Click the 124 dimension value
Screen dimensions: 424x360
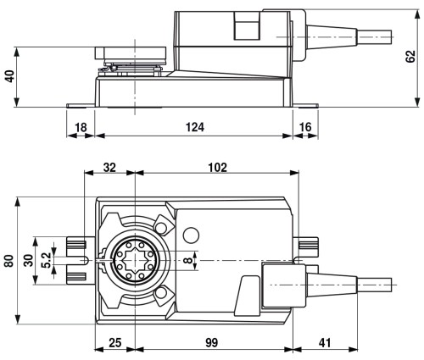point(195,127)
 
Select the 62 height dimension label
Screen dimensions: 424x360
point(410,57)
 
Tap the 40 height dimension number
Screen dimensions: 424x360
point(10,76)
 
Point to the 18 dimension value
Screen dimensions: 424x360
point(81,127)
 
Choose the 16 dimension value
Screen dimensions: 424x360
point(305,127)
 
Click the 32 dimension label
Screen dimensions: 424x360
point(109,168)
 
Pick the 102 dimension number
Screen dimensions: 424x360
point(218,168)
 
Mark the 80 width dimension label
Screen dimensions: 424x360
point(9,261)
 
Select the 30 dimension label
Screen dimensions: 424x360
point(28,260)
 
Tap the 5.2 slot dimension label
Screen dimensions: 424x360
point(46,260)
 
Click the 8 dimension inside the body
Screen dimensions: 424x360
point(187,260)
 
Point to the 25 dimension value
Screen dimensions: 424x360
point(115,343)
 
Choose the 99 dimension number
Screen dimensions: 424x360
point(212,343)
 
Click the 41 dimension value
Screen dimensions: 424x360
point(325,343)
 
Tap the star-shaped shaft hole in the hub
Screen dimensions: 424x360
point(135,260)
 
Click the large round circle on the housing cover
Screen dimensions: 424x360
point(191,235)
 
